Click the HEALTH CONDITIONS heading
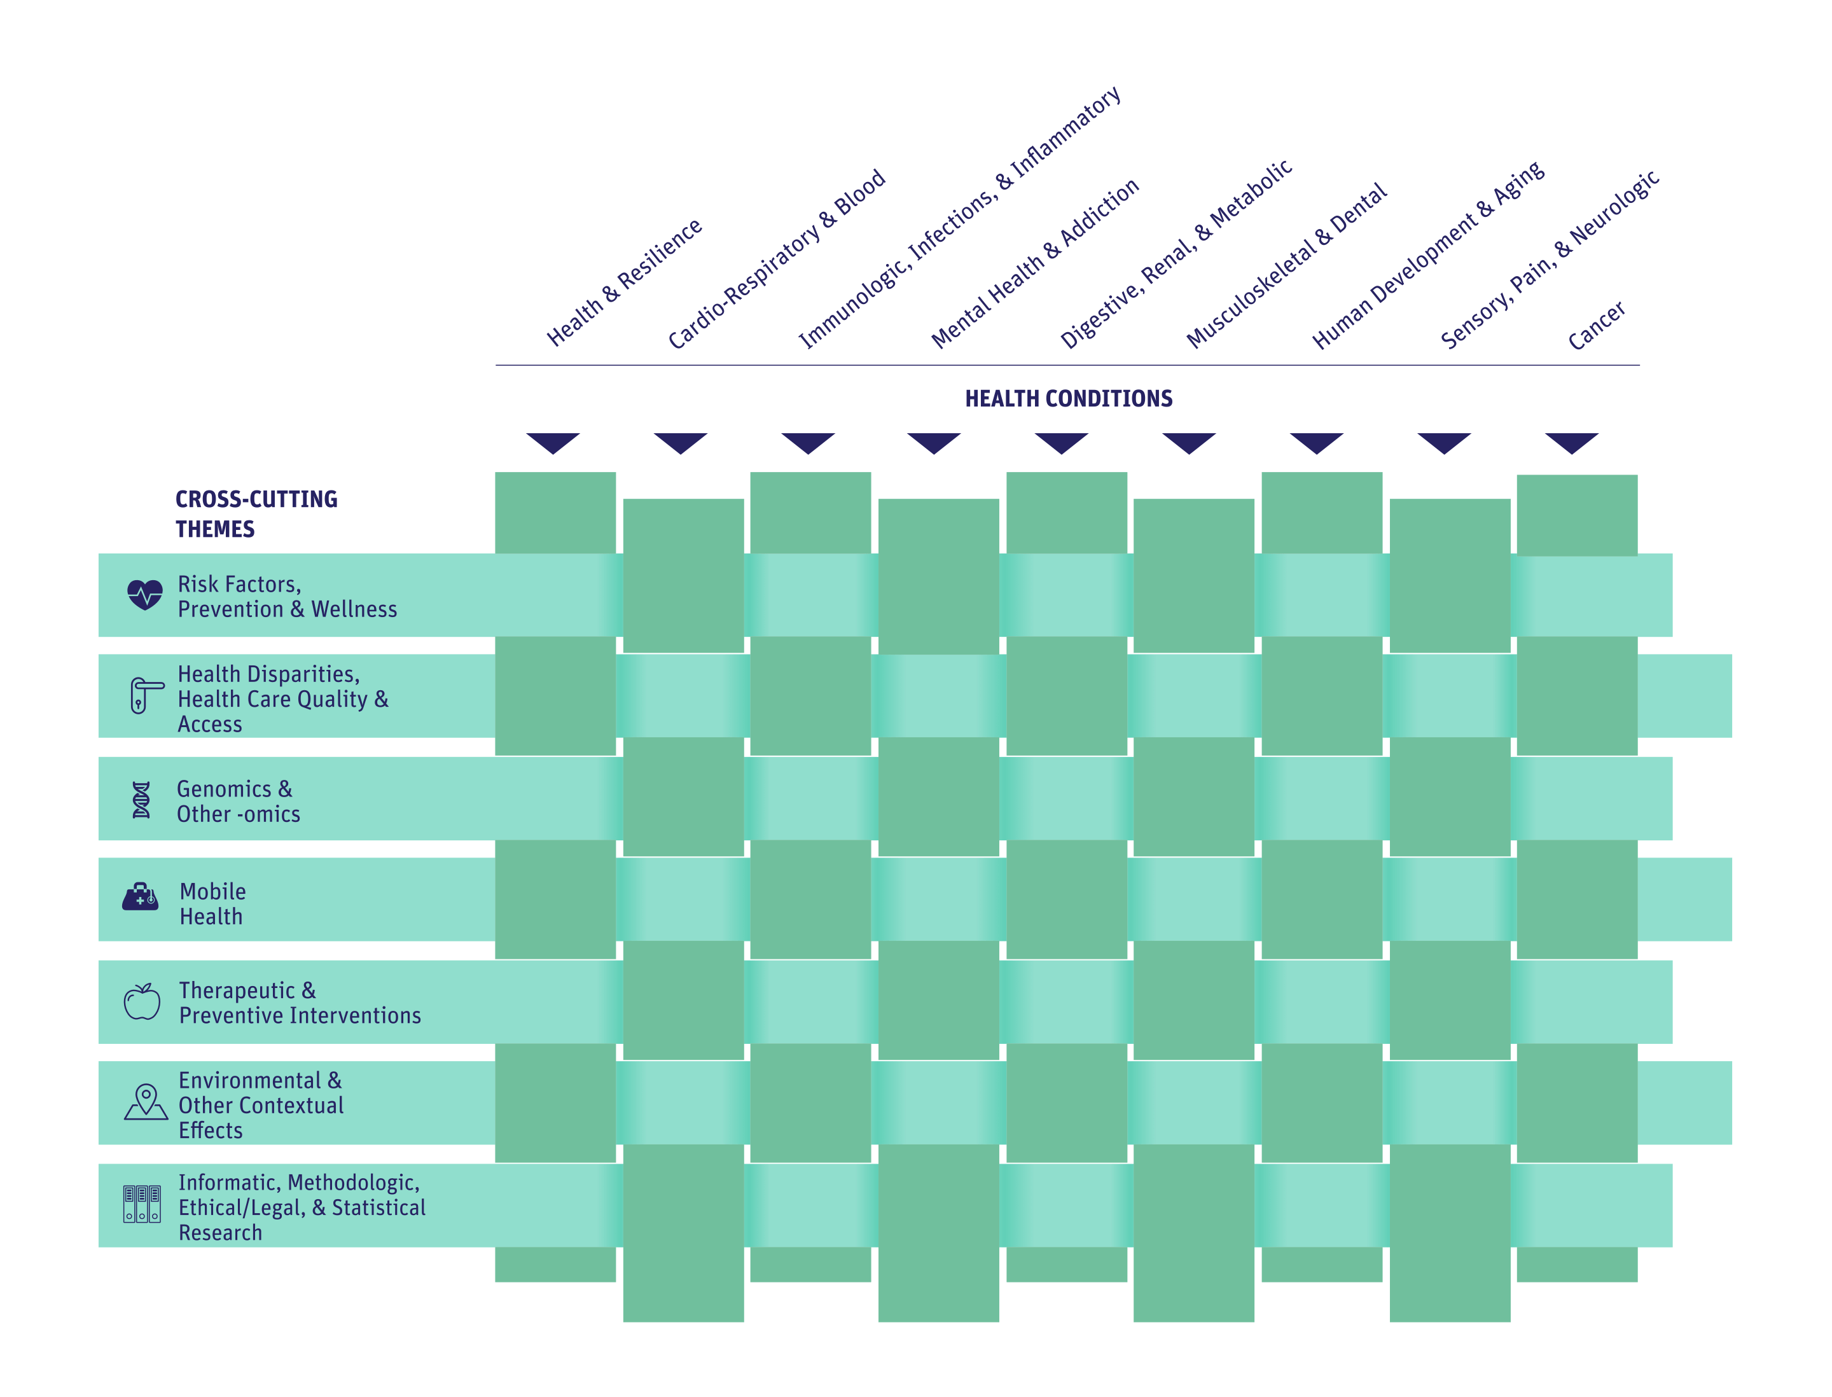pos(1068,398)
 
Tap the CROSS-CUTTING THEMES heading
pos(256,514)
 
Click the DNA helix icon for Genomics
pos(141,800)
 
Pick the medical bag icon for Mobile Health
pos(141,896)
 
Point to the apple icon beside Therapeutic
pos(142,1001)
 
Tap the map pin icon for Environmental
pos(146,1102)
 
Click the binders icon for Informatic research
pos(142,1204)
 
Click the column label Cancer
pos(1596,325)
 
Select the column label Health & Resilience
pos(623,282)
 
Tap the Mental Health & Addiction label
pos(1034,263)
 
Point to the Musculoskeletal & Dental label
pos(1286,265)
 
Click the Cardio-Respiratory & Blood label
pos(776,259)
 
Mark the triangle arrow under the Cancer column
pos(1571,443)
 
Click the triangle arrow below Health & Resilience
pos(553,443)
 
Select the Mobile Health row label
pos(213,904)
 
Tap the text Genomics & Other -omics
pos(238,802)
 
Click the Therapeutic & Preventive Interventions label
pos(300,1003)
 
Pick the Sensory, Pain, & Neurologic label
pos(1550,260)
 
